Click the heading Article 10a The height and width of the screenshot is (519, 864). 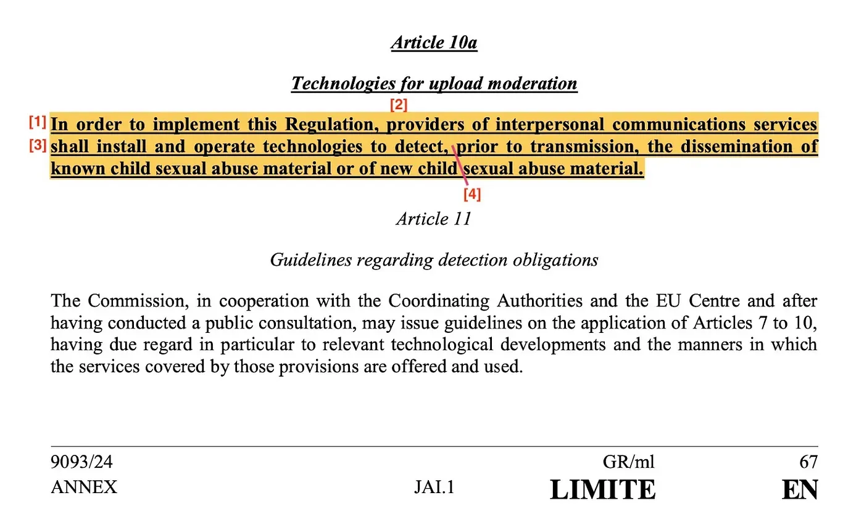tap(434, 43)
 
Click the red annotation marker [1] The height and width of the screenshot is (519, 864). tap(38, 123)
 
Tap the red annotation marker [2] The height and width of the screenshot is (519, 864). tap(399, 105)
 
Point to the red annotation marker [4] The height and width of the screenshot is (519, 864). tap(472, 194)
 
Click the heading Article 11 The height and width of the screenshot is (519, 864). tap(434, 219)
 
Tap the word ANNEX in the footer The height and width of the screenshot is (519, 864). tap(83, 488)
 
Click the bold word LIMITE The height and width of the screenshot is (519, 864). tap(602, 489)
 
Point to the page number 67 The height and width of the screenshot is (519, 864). tap(808, 462)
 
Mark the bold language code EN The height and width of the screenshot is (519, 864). tap(800, 489)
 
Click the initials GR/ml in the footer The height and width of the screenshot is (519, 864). tap(628, 462)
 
